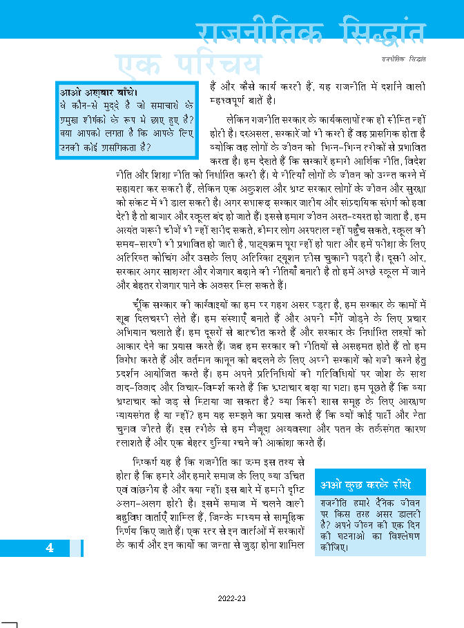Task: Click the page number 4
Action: pos(50,548)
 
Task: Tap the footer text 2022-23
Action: pos(231,599)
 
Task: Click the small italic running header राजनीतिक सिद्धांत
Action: pos(402,59)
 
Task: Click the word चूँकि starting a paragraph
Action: pos(148,304)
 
